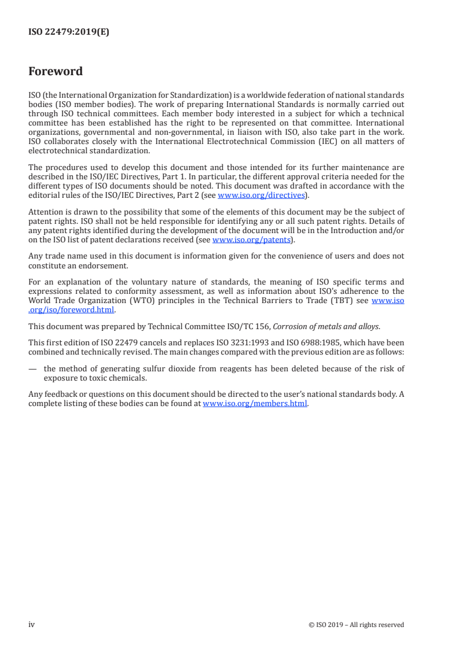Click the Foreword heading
pyautogui.click(x=56, y=72)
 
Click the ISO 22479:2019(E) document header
pyautogui.click(x=69, y=32)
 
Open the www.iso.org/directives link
pyautogui.click(x=260, y=196)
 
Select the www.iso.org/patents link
pyautogui.click(x=251, y=239)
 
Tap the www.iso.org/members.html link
pyautogui.click(x=255, y=404)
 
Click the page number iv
pyautogui.click(x=32, y=624)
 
